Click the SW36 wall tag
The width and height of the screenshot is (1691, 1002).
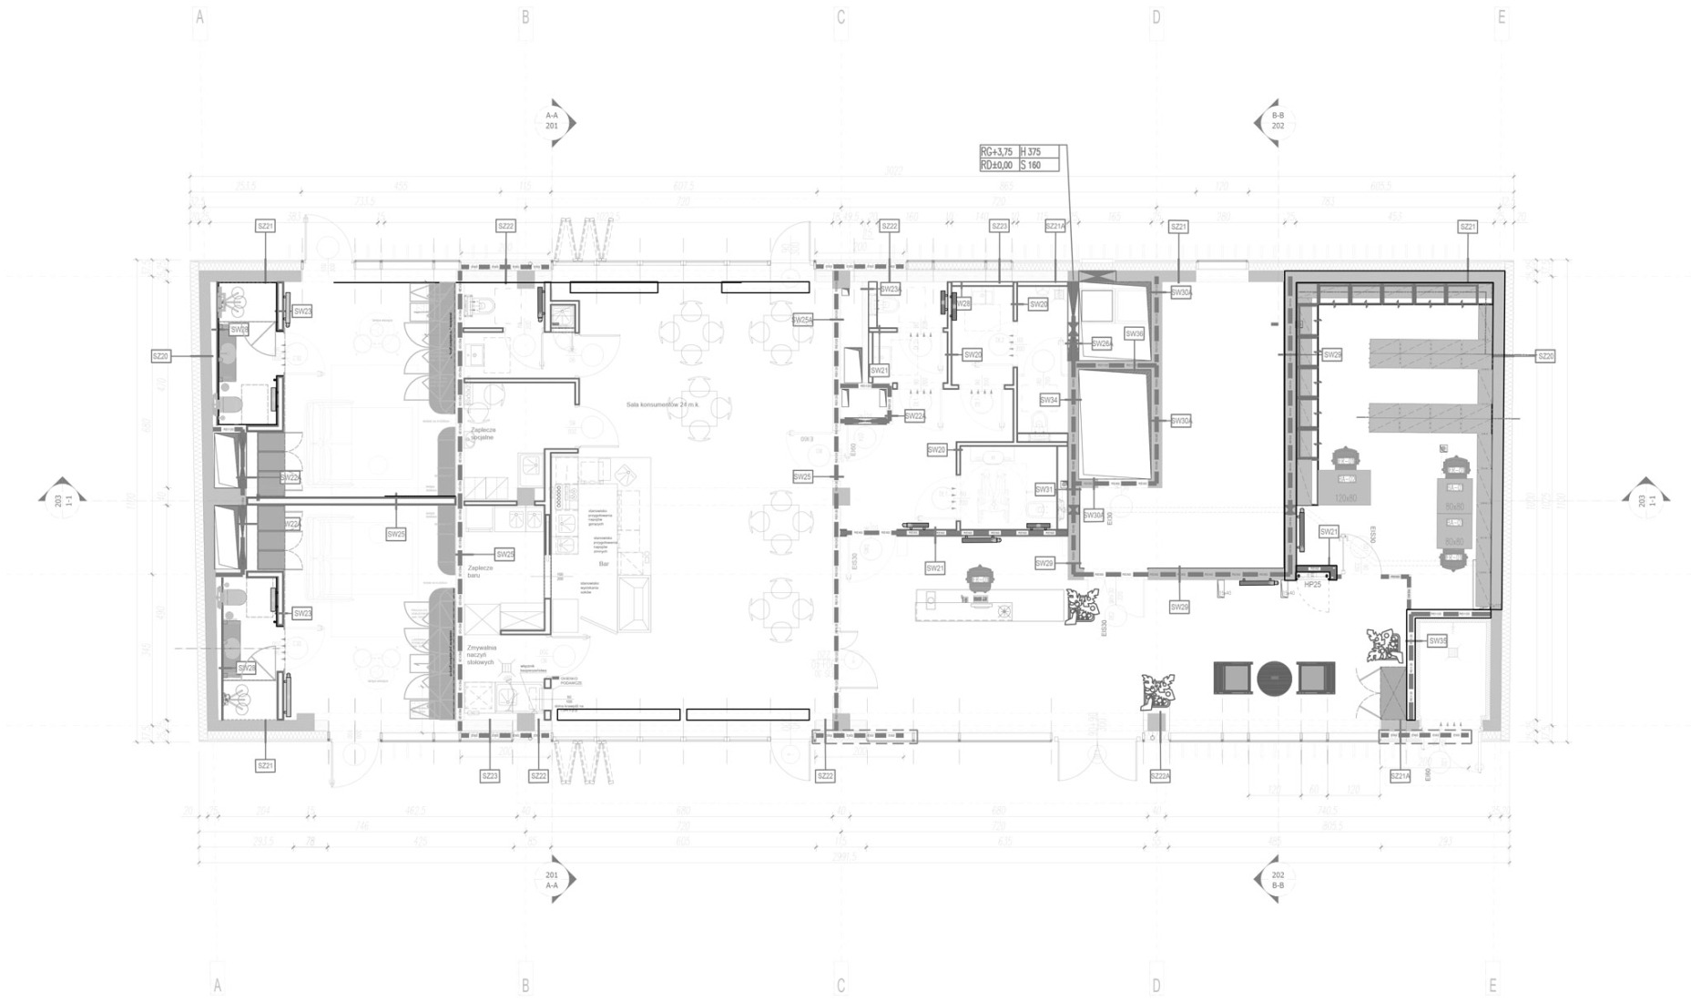(x=1134, y=334)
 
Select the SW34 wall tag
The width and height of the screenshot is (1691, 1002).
(x=1050, y=400)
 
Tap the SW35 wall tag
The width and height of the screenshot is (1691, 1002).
(x=1438, y=640)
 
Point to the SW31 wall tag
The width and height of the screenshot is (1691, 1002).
(x=1044, y=489)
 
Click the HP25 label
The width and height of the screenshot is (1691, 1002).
(x=1312, y=584)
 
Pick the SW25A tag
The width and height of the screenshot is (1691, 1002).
(x=802, y=320)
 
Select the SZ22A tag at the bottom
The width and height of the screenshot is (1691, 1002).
(x=1160, y=776)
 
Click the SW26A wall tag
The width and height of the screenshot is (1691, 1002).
(x=1102, y=343)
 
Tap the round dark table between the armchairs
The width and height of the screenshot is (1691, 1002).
(x=1274, y=678)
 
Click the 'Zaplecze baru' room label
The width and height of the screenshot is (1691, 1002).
(x=479, y=571)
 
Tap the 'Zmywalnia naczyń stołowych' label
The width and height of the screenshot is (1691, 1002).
(x=480, y=655)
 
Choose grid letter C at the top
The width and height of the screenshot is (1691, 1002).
(x=840, y=17)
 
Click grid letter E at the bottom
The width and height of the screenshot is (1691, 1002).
(x=1492, y=986)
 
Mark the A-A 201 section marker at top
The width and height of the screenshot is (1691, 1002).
(x=553, y=121)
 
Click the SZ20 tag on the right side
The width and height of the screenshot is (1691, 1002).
(x=1545, y=356)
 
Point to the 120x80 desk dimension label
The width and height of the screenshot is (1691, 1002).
(x=1345, y=498)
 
